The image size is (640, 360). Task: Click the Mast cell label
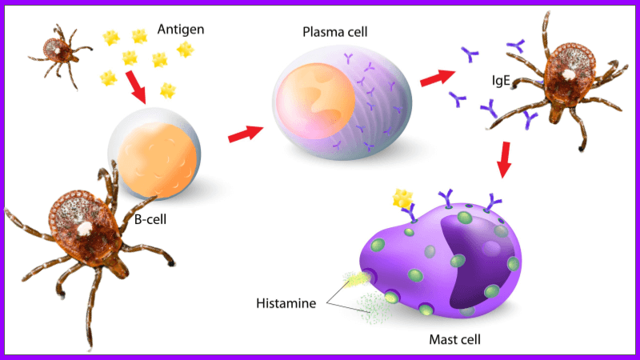click(454, 340)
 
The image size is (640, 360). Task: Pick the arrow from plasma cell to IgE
click(435, 78)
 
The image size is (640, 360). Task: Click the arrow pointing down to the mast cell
click(505, 159)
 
